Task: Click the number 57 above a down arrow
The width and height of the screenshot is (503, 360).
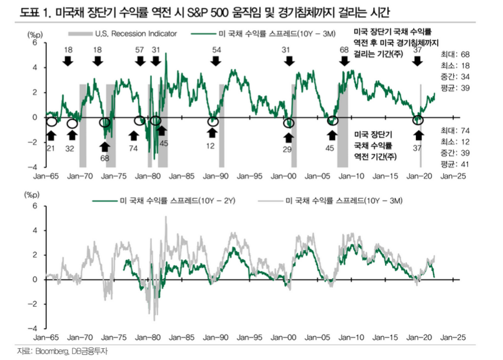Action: [139, 49]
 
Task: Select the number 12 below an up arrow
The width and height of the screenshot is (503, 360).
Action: [211, 146]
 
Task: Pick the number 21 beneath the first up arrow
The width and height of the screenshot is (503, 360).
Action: [50, 148]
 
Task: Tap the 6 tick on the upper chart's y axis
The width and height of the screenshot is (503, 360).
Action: [35, 43]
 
